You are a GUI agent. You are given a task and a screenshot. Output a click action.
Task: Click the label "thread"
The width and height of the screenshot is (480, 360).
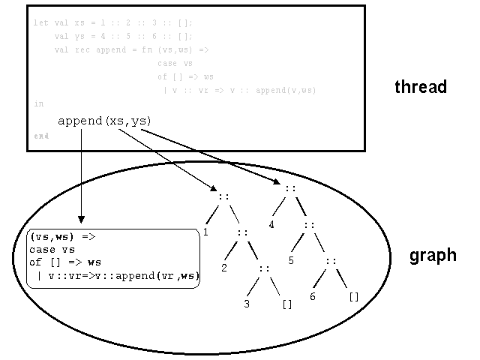420,87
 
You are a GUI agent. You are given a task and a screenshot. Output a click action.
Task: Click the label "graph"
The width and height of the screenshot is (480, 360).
432,256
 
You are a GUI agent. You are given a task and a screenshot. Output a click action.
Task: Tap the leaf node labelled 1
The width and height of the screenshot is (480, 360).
205,232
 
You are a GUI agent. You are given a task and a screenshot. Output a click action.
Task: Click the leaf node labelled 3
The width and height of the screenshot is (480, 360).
246,304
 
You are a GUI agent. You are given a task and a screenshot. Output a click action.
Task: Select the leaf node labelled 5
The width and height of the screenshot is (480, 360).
292,261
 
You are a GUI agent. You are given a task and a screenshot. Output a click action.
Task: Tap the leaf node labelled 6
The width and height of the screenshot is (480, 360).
313,297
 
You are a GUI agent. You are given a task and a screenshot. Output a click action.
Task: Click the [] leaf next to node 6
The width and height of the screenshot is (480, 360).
354,297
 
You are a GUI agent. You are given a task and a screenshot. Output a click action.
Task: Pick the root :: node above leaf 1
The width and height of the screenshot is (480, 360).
223,197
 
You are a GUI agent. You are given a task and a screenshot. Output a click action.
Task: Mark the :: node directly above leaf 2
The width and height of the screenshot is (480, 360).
242,233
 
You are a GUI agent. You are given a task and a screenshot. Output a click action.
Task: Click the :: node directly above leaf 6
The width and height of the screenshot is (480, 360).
331,261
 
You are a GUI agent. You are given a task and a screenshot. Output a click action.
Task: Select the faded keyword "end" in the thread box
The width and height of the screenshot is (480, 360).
40,136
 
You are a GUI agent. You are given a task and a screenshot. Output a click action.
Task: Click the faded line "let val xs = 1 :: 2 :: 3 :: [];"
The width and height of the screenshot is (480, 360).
112,22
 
